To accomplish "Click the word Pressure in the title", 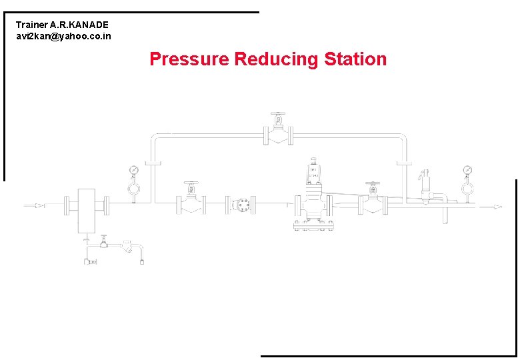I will (x=189, y=59).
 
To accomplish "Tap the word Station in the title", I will (x=355, y=59).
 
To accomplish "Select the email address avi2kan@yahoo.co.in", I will (x=63, y=36).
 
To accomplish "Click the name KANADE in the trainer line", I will (x=85, y=25).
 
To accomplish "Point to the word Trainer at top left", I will (x=32, y=25).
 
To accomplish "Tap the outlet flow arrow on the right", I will (x=495, y=207).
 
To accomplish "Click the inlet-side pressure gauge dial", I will (x=134, y=171).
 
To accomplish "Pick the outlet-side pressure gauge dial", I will (x=468, y=171).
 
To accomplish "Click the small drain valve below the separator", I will (x=104, y=242).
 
